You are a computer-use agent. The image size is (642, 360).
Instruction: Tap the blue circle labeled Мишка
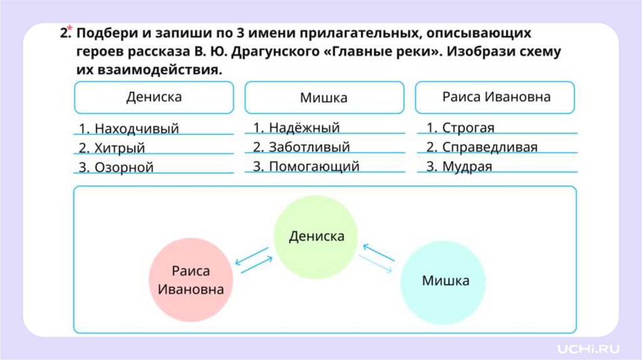445,281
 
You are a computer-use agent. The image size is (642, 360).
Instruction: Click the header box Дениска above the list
154,98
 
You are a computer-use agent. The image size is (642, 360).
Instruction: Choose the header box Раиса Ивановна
495,97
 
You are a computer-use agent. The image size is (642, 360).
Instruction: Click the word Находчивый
137,129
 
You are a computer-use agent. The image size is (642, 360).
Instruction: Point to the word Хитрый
120,149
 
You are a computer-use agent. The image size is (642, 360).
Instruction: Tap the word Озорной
124,167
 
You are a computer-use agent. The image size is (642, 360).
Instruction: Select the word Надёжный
304,128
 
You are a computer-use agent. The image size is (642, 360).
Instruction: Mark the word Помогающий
314,167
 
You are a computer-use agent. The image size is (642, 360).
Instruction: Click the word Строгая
468,128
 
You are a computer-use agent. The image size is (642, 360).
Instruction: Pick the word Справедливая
490,147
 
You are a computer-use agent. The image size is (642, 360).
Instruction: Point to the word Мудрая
467,167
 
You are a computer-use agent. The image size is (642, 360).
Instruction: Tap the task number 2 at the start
63,34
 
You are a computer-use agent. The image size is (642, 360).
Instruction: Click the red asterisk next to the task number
70,28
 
